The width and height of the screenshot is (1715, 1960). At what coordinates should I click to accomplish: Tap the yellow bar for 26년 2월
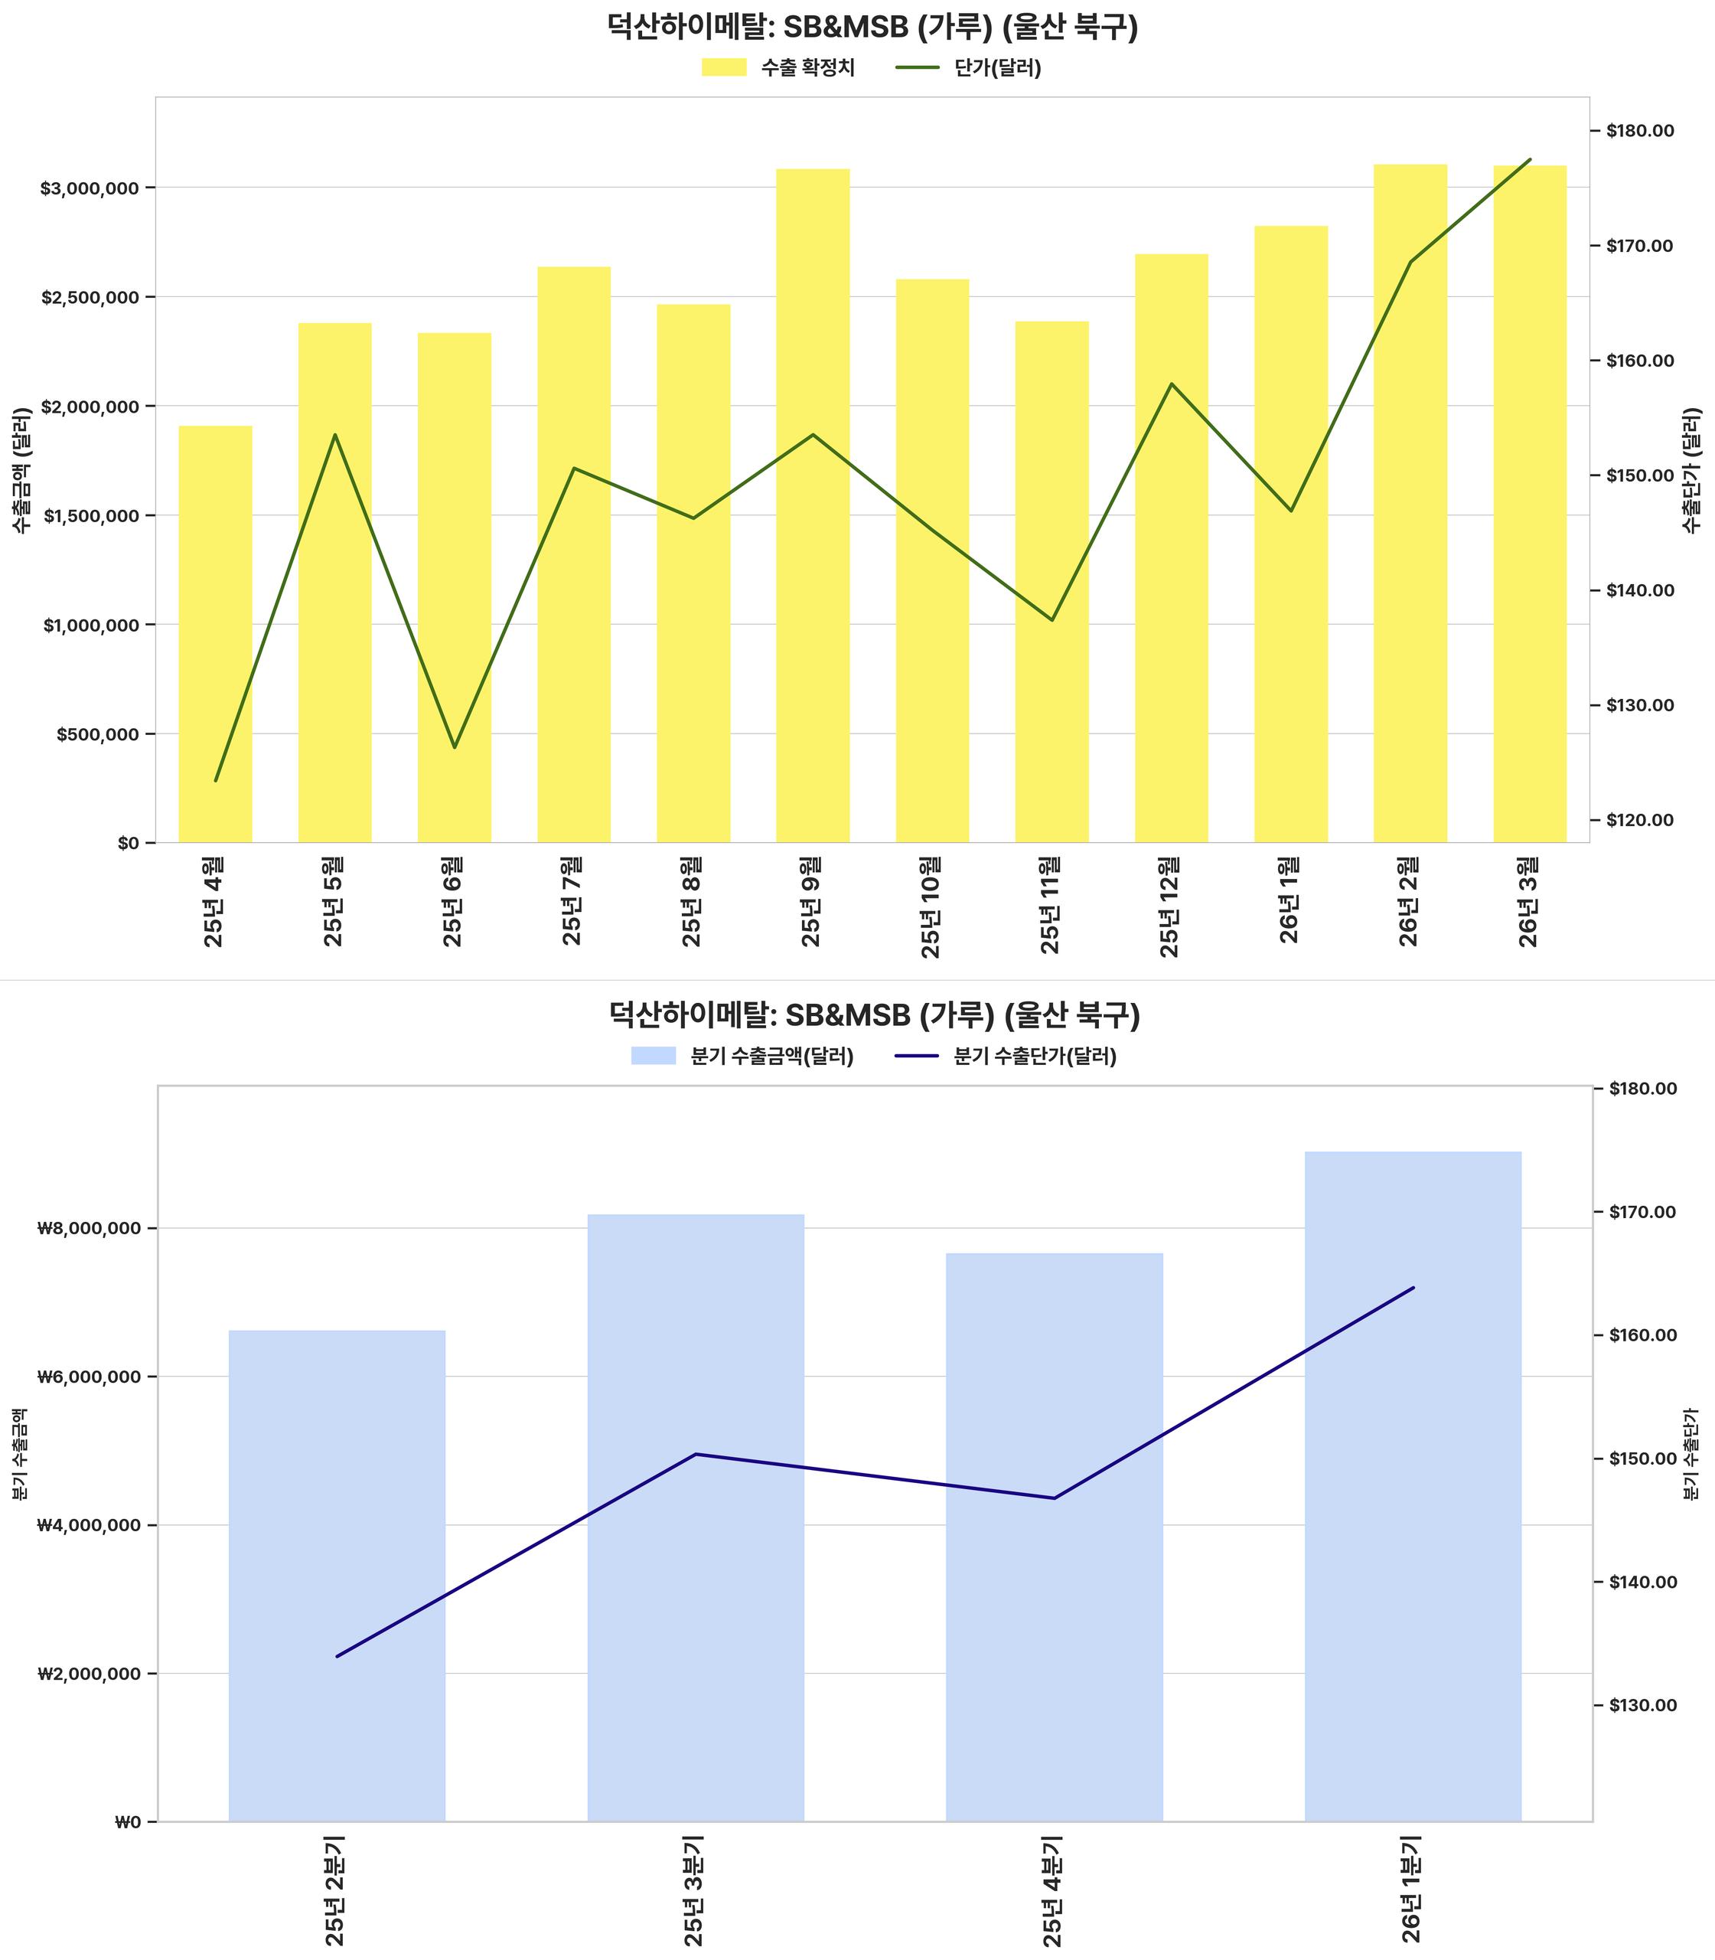pyautogui.click(x=1410, y=503)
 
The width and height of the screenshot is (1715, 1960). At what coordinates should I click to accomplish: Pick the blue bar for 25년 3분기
pyautogui.click(x=696, y=1517)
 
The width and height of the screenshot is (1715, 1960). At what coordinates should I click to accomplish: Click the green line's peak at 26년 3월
pyautogui.click(x=1529, y=160)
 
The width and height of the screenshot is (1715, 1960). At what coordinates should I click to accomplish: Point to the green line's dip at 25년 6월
pyautogui.click(x=455, y=746)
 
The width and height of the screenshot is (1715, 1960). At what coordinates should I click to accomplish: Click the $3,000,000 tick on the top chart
pyautogui.click(x=90, y=188)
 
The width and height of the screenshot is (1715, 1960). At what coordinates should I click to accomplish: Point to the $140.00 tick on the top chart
pyautogui.click(x=1640, y=591)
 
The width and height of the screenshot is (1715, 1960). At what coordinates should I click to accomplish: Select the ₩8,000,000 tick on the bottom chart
pyautogui.click(x=88, y=1229)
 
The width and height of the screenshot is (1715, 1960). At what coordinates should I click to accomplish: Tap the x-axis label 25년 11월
pyautogui.click(x=1051, y=905)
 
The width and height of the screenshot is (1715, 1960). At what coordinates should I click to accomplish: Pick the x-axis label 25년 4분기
pyautogui.click(x=1053, y=1891)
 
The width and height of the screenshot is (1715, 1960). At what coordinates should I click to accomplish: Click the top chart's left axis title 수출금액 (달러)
pyautogui.click(x=22, y=470)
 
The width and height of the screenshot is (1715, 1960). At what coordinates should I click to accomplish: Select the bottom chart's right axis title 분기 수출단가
pyautogui.click(x=1691, y=1453)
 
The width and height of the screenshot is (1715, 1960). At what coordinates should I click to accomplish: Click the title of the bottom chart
pyautogui.click(x=874, y=1015)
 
